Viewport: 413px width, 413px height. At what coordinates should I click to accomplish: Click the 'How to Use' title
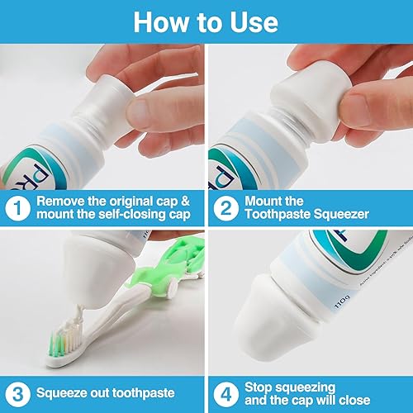[x=206, y=21]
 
